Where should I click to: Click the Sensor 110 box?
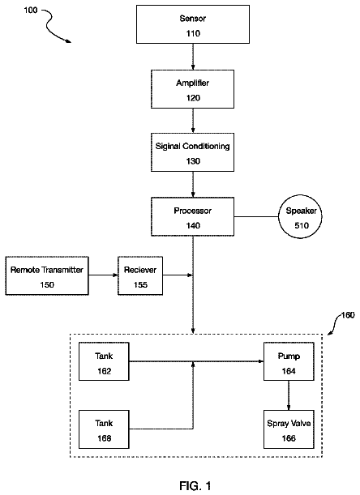coord(193,24)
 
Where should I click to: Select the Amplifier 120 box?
coord(192,89)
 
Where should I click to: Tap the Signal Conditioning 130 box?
coord(192,152)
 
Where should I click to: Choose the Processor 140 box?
coord(192,216)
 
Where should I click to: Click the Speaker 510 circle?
coord(300,217)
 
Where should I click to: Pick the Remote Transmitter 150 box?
coord(47,276)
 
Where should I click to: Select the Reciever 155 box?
coord(140,276)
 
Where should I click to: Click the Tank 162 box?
coord(104,361)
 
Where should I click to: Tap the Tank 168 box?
coord(104,429)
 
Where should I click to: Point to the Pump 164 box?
coord(289,361)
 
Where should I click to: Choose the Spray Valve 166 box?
coord(289,429)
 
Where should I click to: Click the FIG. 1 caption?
coord(195,485)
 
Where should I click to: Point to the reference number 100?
coord(31,10)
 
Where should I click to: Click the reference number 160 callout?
coord(348,315)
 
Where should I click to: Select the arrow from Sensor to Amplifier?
coord(193,57)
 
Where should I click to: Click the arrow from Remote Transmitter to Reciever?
coord(103,275)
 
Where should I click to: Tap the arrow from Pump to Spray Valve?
coord(289,395)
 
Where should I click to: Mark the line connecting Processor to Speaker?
coord(256,217)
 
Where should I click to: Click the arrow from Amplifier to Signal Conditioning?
coord(193,121)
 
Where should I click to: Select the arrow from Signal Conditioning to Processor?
coord(193,185)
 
